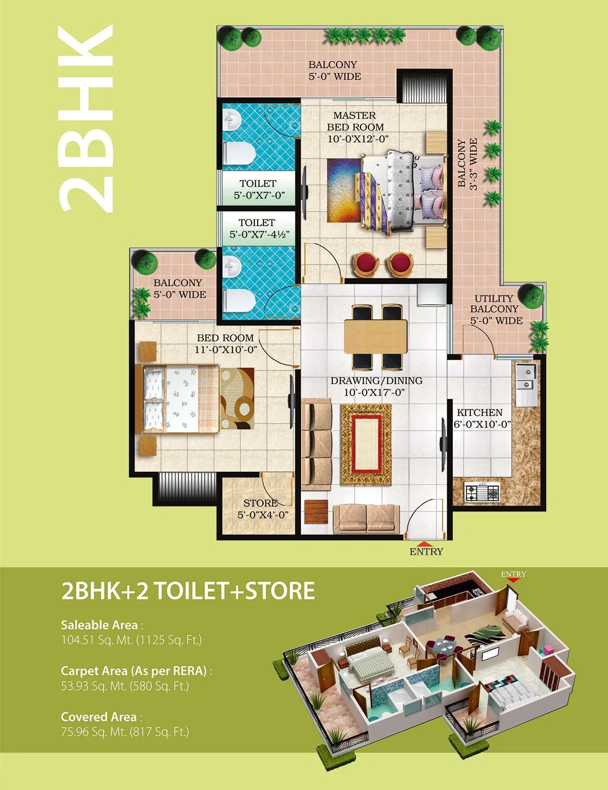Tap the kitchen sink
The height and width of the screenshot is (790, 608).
pos(525,377)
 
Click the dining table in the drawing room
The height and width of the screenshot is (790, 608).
pos(375,337)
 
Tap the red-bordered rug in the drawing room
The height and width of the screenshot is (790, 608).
pos(366,445)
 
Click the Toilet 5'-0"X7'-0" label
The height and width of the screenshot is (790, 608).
pos(258,189)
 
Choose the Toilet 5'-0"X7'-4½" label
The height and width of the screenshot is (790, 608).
pos(259,228)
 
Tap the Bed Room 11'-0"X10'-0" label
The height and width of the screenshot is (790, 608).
pos(226,343)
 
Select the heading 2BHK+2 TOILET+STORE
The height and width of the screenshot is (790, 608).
pos(188,591)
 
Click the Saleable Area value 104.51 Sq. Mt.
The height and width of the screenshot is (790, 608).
pos(131,640)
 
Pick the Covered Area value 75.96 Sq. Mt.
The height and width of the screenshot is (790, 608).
pos(125,731)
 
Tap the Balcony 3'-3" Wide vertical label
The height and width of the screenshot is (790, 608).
pos(467,164)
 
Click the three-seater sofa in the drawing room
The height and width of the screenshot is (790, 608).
pos(316,444)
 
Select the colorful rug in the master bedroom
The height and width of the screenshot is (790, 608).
pos(343,190)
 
